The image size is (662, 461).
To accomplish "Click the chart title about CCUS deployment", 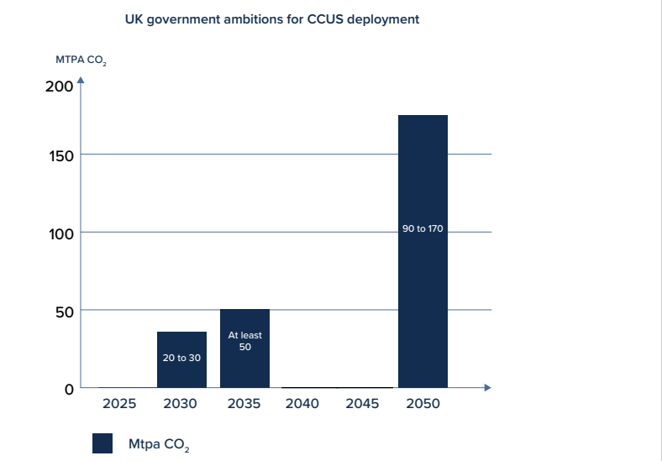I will click(271, 18).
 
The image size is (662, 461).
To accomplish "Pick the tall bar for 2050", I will click(423, 251).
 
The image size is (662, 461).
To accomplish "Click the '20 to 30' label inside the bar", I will click(181, 358).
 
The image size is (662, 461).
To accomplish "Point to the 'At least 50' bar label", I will click(244, 341).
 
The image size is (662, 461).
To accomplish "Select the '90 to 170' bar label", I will click(423, 228).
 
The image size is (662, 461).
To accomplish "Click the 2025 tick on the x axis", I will click(119, 404).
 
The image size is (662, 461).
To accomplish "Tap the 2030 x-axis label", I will click(181, 404).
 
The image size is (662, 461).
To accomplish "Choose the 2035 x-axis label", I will click(244, 404).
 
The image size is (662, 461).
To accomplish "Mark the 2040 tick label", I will click(302, 404).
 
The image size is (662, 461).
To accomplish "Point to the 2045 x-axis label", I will click(362, 404).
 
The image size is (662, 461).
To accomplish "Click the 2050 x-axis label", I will click(423, 404).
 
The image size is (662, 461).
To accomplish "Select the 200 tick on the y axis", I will click(60, 86).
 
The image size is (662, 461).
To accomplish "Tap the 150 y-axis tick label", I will click(61, 155).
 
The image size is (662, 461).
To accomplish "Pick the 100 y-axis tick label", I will click(61, 233).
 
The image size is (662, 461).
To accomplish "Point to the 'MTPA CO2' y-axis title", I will click(81, 61).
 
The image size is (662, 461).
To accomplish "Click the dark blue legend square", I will click(102, 443).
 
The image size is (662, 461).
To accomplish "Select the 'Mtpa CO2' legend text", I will click(159, 444).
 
